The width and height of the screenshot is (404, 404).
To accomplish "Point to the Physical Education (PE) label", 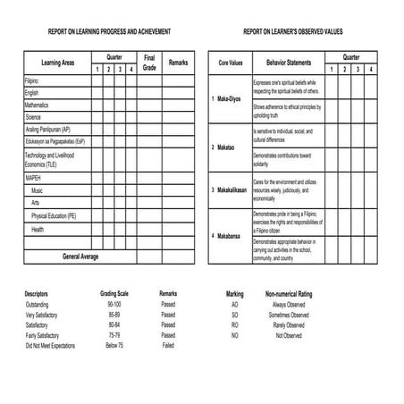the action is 54,216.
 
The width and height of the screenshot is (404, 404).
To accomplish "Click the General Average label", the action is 81,257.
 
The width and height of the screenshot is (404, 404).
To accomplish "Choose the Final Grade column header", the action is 150,63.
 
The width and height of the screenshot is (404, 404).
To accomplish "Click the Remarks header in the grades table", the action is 178,63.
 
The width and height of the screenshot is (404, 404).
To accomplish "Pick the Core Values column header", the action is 231,63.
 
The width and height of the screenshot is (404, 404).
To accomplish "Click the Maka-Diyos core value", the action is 229,99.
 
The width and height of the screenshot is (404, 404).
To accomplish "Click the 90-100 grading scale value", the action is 114,305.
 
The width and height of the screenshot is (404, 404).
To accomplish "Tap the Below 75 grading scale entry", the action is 114,344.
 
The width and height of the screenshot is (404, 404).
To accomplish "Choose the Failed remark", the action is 168,344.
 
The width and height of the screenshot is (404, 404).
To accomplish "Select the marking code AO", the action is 234,305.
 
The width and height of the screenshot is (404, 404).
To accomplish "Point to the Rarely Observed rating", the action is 287,324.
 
